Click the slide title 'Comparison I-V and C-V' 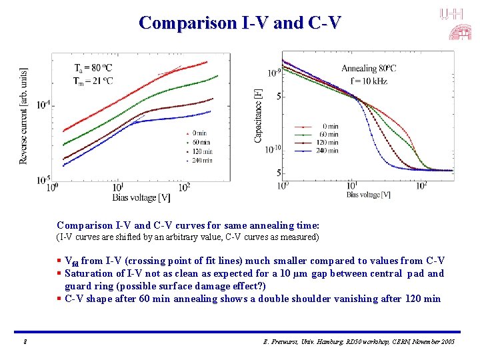(239, 23)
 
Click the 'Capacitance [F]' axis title (258, 114)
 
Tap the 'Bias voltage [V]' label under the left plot (141, 197)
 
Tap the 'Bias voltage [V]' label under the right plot (368, 195)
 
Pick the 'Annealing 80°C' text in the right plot (369, 68)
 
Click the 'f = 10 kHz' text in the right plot (369, 81)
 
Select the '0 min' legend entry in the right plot (329, 126)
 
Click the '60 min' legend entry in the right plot (328, 134)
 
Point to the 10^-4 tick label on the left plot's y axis (43, 105)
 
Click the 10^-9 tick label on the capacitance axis (274, 73)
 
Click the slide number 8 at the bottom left (25, 342)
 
